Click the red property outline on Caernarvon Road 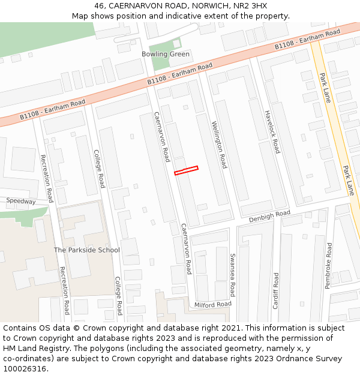[186, 170]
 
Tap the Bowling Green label [166, 54]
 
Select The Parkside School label [87, 250]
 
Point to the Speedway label [21, 202]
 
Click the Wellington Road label [219, 145]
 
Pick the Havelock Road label [272, 131]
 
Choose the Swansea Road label [233, 275]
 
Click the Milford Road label [212, 304]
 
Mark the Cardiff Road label [276, 291]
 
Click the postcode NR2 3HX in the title [251, 5]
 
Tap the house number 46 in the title [100, 5]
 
